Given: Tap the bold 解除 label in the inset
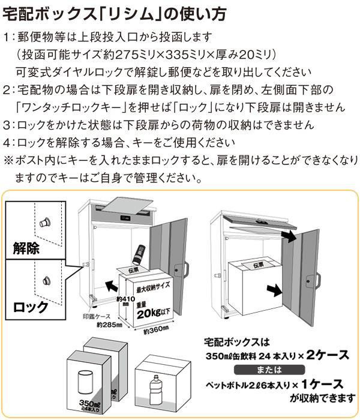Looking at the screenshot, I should pos(26,247).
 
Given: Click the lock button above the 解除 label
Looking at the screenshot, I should pos(44,223).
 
